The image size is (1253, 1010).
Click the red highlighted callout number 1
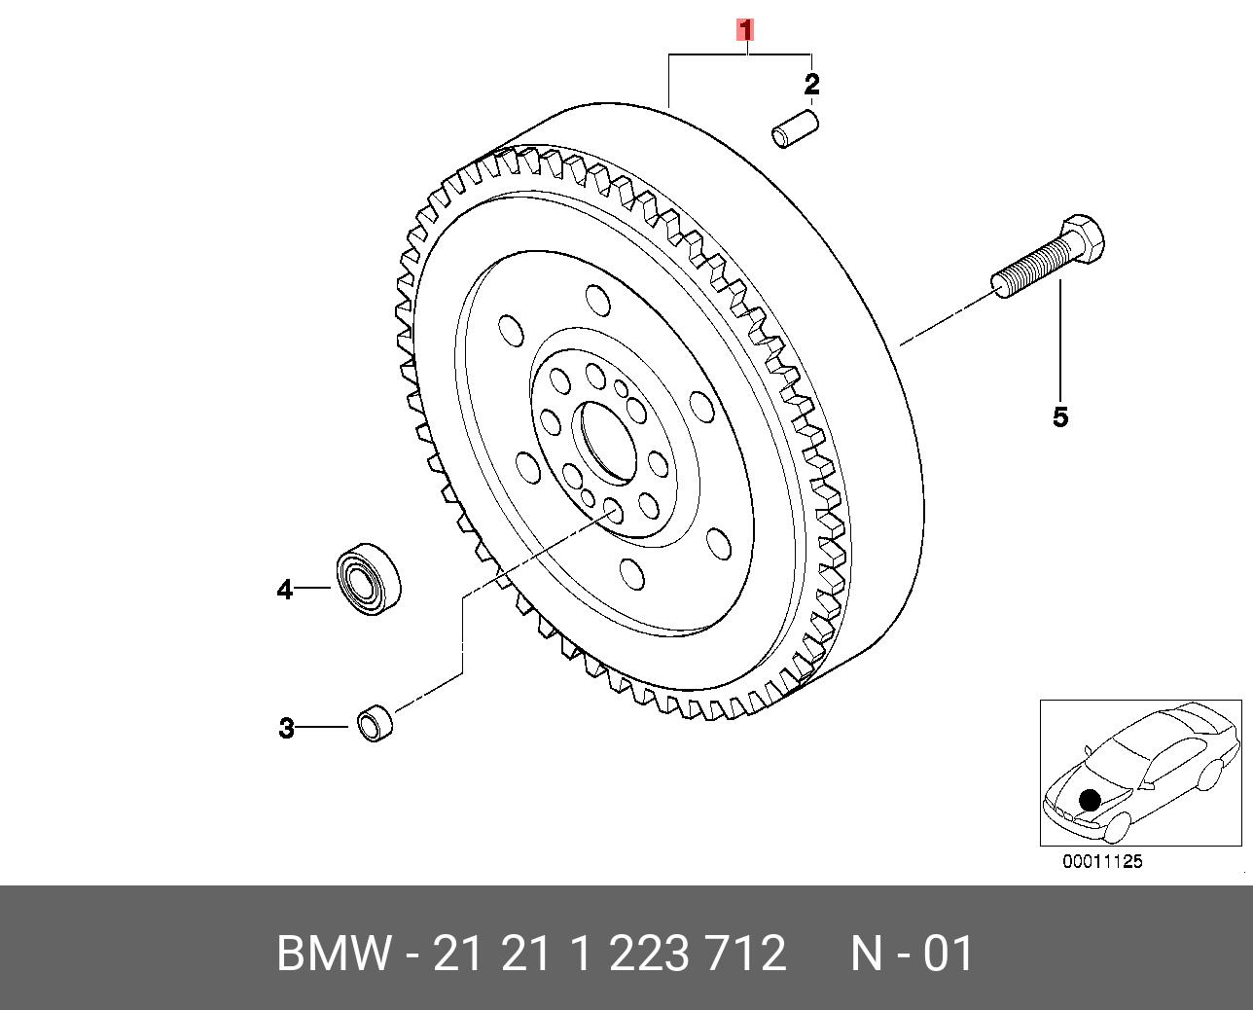745,30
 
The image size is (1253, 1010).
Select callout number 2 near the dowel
811,85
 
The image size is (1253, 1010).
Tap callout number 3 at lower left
286,728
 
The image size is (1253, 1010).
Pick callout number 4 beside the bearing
284,590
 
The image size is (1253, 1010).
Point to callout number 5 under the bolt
1060,417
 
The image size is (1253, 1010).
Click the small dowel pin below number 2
795,129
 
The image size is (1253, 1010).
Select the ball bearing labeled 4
369,578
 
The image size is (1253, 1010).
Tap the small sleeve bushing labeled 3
375,723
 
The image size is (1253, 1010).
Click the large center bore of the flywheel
604,442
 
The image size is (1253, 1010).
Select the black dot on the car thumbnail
1089,800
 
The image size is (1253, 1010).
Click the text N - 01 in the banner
912,954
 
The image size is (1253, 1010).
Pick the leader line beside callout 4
313,588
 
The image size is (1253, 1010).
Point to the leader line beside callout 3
323,727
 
